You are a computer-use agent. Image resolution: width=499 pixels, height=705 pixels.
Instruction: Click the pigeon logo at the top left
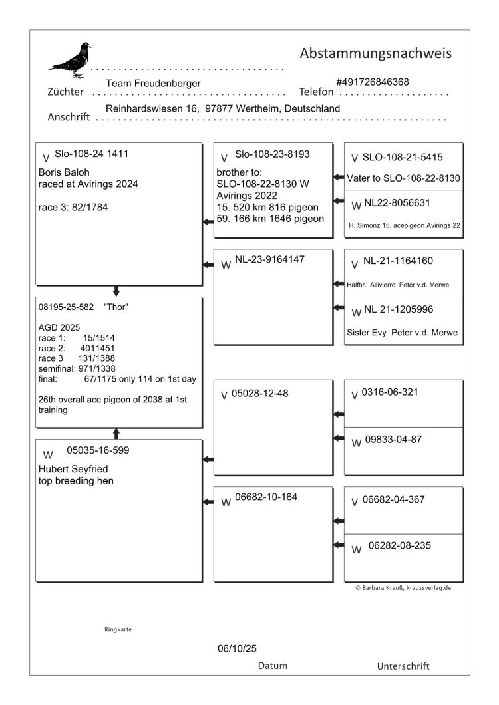click(71, 61)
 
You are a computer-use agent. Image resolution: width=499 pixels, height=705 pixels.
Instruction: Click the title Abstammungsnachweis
click(376, 53)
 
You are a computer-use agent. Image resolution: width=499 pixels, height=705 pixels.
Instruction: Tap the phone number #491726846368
click(373, 82)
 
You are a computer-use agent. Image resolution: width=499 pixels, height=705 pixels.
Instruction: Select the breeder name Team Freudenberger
click(153, 83)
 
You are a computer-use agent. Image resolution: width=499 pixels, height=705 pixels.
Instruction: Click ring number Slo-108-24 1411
click(92, 154)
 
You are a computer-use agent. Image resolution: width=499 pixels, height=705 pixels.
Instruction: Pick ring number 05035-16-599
click(98, 450)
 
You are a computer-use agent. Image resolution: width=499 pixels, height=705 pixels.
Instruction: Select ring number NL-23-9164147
click(269, 260)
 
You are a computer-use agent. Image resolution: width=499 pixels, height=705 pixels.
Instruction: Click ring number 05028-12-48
click(259, 394)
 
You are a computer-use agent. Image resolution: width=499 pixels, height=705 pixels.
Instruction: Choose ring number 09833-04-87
click(393, 440)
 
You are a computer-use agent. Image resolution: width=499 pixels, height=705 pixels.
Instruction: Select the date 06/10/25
click(232, 647)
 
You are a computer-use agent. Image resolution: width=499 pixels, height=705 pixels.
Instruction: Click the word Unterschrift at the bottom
click(403, 666)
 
